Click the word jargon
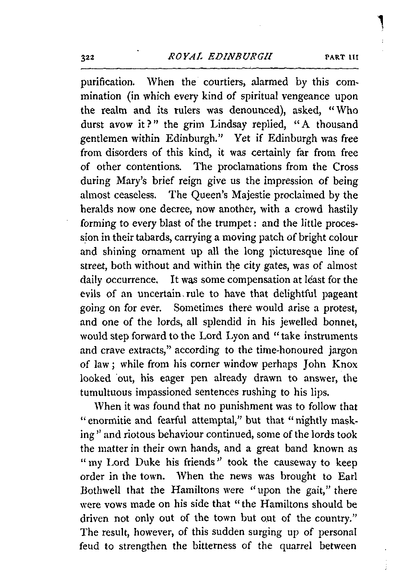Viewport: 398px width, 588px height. point(342,350)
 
